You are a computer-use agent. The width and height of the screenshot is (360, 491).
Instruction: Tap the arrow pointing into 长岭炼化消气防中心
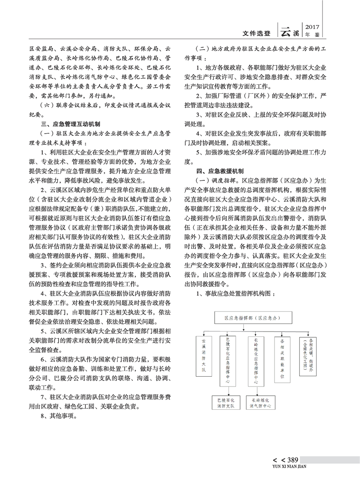(256, 392)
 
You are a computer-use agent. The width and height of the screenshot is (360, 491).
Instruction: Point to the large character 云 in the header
(286, 31)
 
